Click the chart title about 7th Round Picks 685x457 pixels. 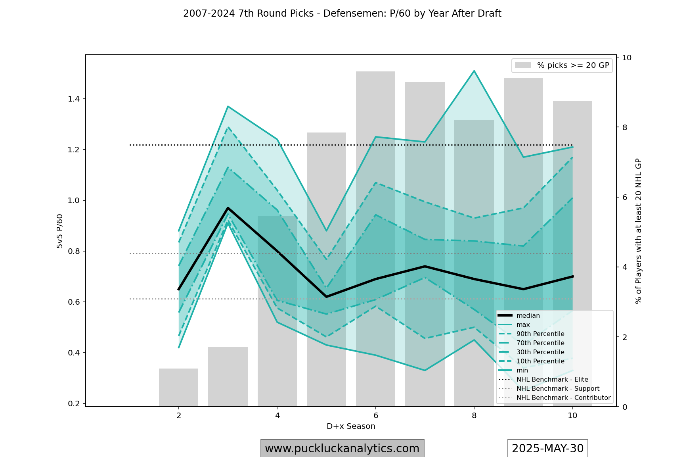coord(342,13)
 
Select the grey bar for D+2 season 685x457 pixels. coord(178,387)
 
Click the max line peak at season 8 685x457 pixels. coord(474,71)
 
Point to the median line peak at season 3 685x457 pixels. coord(228,207)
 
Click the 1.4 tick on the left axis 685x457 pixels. coord(73,99)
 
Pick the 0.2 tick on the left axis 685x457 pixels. coord(73,403)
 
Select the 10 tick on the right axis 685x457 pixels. coord(627,58)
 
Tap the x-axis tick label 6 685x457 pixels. coord(375,415)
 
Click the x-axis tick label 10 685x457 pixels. coord(572,415)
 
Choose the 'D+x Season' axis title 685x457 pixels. coord(351,426)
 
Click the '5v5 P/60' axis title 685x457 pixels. coord(60,231)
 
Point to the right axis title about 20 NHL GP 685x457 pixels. coord(638,231)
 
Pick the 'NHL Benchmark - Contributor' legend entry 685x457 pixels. coord(563,398)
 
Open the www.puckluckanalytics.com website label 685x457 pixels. coord(342,448)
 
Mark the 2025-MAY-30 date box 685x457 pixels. coord(547,448)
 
